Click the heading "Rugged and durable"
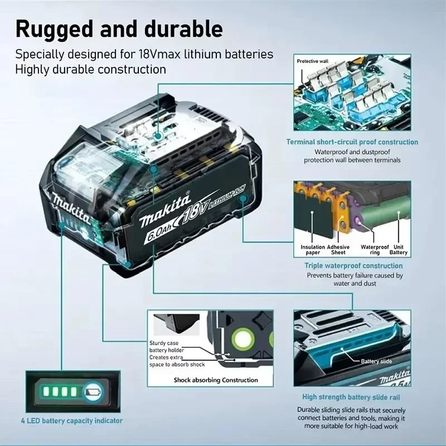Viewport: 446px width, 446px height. tap(119, 28)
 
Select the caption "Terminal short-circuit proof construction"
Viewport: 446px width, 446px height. tap(352, 142)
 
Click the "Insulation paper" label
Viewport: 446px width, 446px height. tap(313, 249)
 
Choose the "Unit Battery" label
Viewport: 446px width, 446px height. tap(399, 249)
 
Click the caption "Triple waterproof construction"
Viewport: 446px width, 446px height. tap(353, 266)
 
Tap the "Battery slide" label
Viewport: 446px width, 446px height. tap(376, 361)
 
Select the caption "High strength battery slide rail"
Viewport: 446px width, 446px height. tap(351, 397)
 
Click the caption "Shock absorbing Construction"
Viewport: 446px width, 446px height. tap(216, 380)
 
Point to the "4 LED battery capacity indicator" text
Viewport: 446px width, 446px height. tap(71, 420)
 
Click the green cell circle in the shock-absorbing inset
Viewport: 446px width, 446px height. tap(244, 338)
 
